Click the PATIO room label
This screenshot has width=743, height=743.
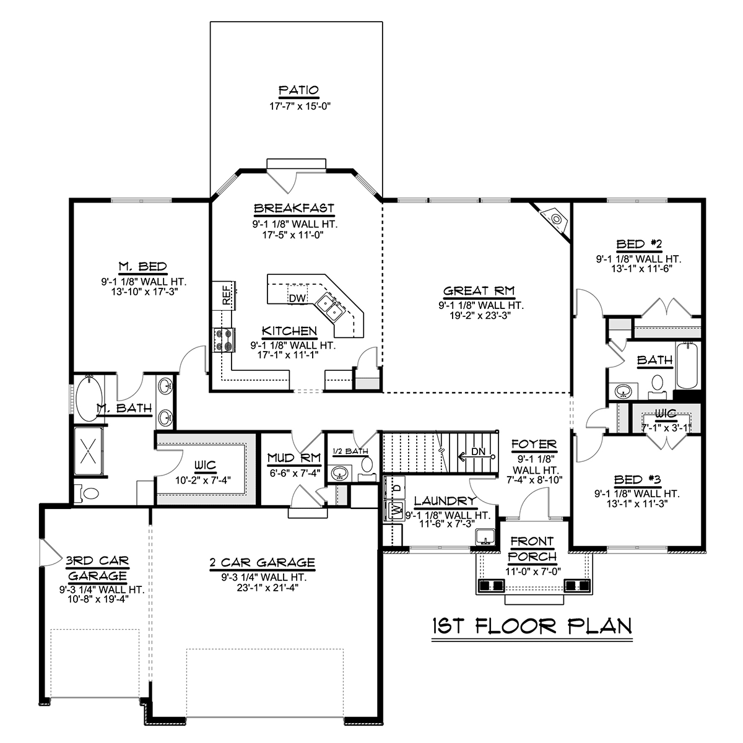(x=299, y=90)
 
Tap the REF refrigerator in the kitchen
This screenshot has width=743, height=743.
(x=224, y=295)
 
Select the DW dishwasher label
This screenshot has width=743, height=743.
(x=297, y=298)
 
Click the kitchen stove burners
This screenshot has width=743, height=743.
(x=224, y=340)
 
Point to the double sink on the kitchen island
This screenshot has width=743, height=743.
(x=329, y=306)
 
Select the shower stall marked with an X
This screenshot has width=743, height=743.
(x=89, y=451)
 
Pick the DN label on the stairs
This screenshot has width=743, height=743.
(x=478, y=451)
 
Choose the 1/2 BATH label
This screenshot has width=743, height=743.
(x=350, y=451)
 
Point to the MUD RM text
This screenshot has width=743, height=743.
(x=294, y=458)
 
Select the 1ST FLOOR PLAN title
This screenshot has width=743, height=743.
(x=532, y=626)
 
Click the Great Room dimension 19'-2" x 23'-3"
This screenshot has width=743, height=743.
(x=480, y=315)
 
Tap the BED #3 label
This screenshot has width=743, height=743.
(x=637, y=479)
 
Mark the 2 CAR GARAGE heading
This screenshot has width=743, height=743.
(x=262, y=563)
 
